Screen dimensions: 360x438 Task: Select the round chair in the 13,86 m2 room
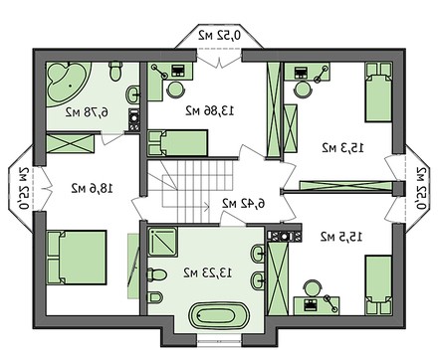pos(175,88)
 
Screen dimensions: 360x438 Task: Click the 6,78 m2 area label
pos(87,112)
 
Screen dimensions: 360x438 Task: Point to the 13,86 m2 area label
pos(209,112)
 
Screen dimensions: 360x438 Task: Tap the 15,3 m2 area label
pos(341,147)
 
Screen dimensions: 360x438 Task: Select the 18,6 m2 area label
pos(92,186)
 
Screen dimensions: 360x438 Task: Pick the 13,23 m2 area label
pos(205,270)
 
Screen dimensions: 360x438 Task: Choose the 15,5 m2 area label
pos(340,237)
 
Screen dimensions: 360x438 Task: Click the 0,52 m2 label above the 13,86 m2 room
pos(217,36)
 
